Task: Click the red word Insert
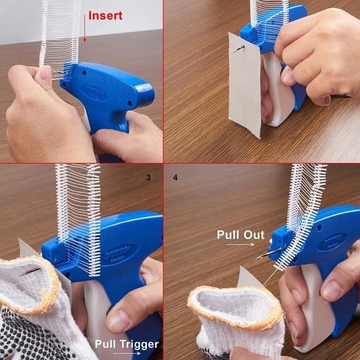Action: pyautogui.click(x=105, y=16)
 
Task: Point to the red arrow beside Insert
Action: pyautogui.click(x=84, y=26)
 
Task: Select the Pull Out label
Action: pyautogui.click(x=241, y=234)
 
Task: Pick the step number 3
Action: pyautogui.click(x=147, y=176)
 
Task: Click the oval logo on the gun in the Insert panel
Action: pyautogui.click(x=93, y=90)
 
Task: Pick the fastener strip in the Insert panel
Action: pyautogui.click(x=59, y=32)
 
